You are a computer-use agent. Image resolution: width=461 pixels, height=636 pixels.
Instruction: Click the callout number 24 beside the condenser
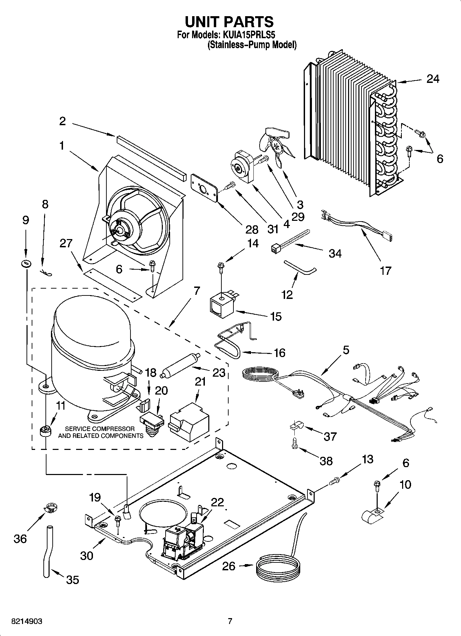[432, 79]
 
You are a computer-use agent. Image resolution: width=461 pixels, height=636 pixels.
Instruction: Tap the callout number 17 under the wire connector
[386, 270]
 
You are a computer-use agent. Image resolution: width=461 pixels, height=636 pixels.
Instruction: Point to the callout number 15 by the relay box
[276, 316]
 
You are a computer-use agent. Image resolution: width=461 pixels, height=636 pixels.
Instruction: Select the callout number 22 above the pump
[218, 502]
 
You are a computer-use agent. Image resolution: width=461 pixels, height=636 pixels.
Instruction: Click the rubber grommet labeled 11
[45, 431]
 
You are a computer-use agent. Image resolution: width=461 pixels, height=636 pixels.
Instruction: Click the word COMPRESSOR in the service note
[117, 429]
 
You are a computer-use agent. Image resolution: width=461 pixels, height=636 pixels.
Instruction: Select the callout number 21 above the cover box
[200, 381]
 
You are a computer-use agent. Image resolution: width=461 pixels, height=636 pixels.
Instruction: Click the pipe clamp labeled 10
[371, 515]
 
